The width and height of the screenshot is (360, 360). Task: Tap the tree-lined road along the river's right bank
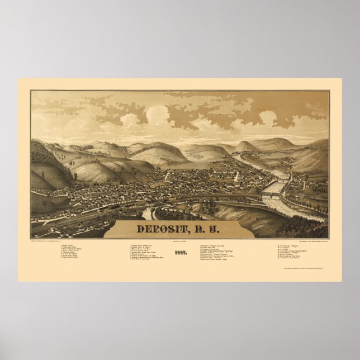coord(302,193)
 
